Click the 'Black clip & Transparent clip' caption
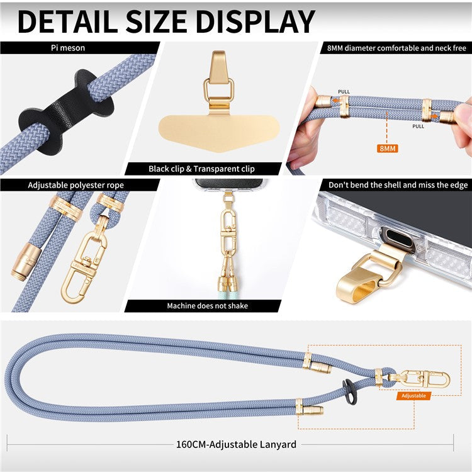point(202,169)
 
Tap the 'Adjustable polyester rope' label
point(76,185)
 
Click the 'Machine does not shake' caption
point(207,306)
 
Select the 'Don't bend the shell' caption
point(396,185)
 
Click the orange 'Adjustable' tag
point(413,396)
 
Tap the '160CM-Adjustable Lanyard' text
point(236,444)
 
